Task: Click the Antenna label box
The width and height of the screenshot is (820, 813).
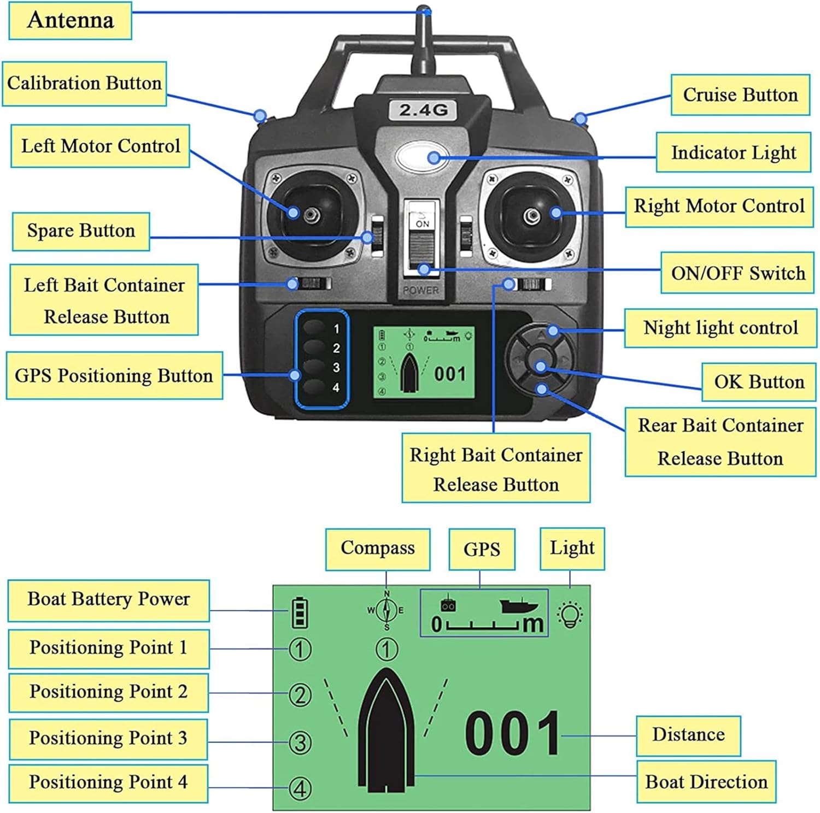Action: pyautogui.click(x=71, y=21)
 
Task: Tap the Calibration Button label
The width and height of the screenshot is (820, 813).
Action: pyautogui.click(x=84, y=84)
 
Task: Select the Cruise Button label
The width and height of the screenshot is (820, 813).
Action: pyautogui.click(x=740, y=95)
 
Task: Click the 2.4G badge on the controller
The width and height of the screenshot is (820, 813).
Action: pyautogui.click(x=423, y=110)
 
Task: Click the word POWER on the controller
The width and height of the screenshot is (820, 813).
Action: pyautogui.click(x=420, y=290)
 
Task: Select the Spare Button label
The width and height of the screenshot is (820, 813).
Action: pyautogui.click(x=81, y=231)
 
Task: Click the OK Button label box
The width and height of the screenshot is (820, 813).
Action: pyautogui.click(x=759, y=382)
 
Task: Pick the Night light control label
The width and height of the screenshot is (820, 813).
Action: pyautogui.click(x=721, y=328)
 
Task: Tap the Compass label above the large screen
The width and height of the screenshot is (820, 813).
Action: pyautogui.click(x=378, y=549)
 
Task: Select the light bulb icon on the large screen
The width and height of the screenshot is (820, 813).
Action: pyautogui.click(x=570, y=615)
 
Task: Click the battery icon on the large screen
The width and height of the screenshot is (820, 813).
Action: pyautogui.click(x=300, y=612)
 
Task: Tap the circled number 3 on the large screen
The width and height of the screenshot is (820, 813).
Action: pyautogui.click(x=300, y=743)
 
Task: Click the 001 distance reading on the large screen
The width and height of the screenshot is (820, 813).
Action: pyautogui.click(x=512, y=734)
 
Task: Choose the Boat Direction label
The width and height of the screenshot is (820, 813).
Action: pyautogui.click(x=706, y=782)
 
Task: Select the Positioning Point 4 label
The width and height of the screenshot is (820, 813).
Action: pyautogui.click(x=108, y=782)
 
